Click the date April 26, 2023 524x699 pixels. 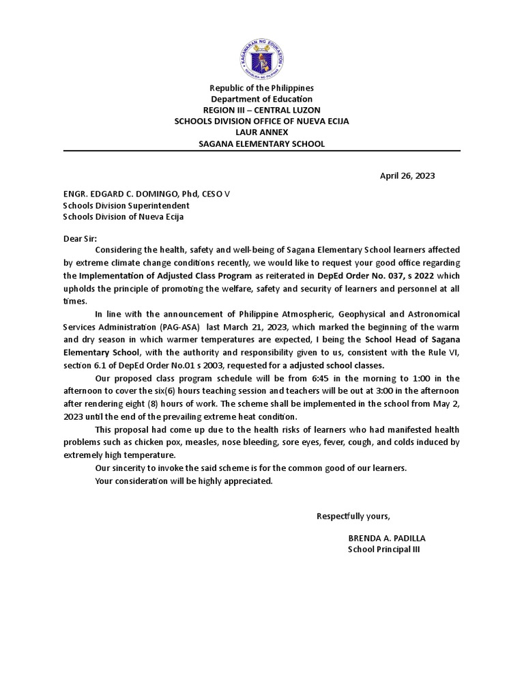[407, 175]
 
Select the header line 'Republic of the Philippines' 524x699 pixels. [262, 88]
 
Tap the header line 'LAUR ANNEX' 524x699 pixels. [262, 132]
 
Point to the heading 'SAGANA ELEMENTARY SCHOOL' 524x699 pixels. [262, 143]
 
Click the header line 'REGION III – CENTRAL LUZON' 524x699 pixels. [262, 110]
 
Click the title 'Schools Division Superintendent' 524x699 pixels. [126, 205]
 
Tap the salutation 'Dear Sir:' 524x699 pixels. [80, 239]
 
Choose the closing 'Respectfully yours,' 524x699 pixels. [353, 515]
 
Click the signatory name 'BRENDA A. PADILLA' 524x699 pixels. [386, 538]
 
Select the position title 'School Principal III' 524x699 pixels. [384, 550]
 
